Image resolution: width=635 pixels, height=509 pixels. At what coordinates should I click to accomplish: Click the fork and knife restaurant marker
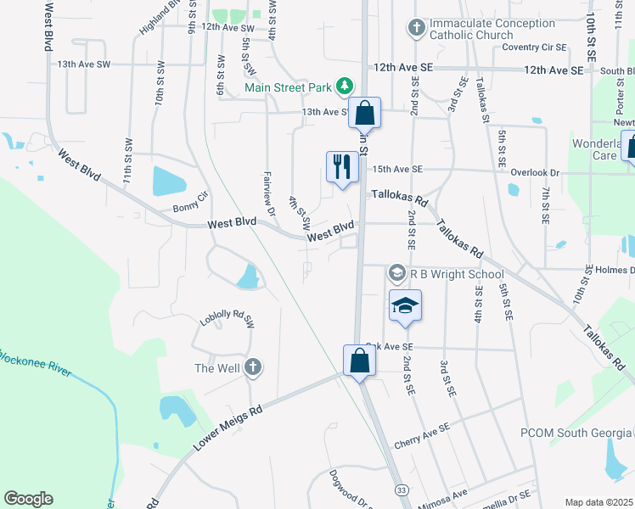(x=342, y=165)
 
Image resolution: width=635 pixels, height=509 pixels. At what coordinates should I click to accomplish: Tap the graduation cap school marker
(x=406, y=306)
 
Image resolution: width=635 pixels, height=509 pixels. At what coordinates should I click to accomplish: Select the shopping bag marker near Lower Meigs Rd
(x=360, y=360)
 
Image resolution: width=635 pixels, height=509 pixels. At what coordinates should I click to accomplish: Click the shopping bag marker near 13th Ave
(x=364, y=112)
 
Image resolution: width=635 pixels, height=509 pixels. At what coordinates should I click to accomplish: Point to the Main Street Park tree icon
(x=345, y=86)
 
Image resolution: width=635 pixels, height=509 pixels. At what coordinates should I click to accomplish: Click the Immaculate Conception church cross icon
(x=416, y=29)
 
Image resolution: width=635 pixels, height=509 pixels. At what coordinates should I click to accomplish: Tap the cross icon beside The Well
(x=252, y=367)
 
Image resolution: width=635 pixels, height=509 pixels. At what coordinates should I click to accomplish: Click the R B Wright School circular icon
(x=396, y=273)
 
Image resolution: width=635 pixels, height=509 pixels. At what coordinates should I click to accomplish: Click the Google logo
(x=28, y=499)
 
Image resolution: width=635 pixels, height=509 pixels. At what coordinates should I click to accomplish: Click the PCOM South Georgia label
(x=576, y=433)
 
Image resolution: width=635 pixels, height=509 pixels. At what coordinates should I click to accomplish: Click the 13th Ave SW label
(x=83, y=64)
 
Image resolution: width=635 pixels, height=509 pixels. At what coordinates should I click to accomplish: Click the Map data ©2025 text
(x=598, y=502)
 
